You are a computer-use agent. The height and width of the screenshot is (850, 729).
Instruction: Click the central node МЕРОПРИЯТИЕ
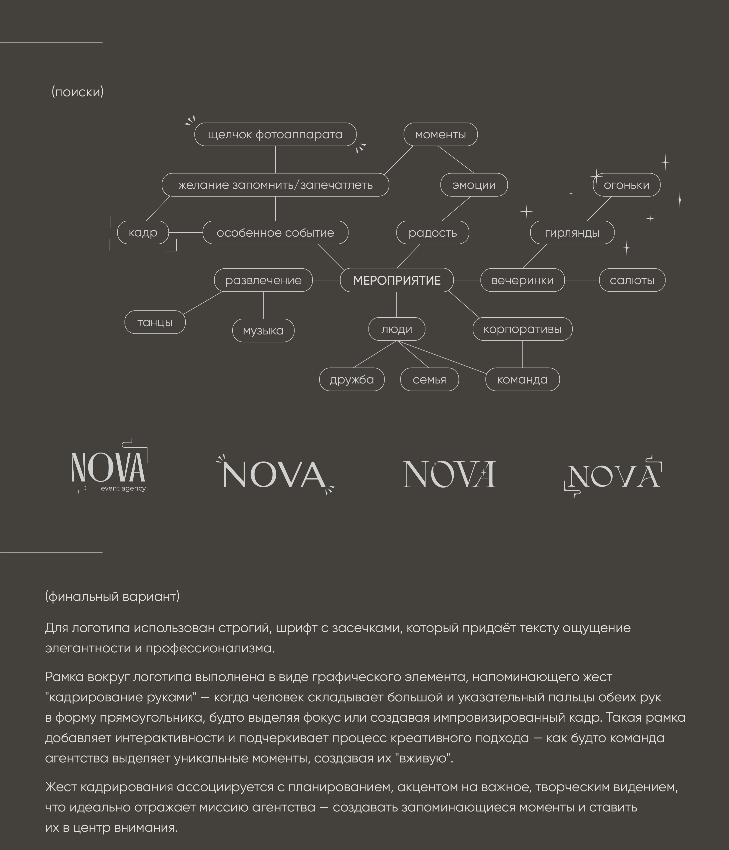(397, 280)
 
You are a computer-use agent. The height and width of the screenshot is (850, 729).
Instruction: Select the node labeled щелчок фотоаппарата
(275, 135)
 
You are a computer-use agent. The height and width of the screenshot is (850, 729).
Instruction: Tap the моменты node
(440, 135)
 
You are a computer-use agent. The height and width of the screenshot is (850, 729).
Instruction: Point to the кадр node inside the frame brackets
(143, 233)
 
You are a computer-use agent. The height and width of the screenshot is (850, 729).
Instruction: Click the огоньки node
(627, 185)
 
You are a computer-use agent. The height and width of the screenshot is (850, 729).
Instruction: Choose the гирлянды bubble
(572, 233)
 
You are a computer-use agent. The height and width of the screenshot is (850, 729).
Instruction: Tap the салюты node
(632, 280)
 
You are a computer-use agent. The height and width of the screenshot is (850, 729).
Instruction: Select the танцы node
(155, 322)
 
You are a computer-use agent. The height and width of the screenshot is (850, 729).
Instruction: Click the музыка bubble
(263, 331)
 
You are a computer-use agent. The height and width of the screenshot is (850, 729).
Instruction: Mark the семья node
(429, 379)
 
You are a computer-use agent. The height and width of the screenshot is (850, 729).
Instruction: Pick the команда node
(522, 379)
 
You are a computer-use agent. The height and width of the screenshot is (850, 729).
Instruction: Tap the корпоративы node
(522, 329)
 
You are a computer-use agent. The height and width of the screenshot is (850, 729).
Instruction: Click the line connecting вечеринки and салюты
(582, 280)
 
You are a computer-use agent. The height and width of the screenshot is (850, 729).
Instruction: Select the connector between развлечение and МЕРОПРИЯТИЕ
(326, 280)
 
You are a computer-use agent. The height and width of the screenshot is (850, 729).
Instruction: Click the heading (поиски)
(77, 92)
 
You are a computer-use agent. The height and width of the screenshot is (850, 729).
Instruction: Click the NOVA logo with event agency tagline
(107, 468)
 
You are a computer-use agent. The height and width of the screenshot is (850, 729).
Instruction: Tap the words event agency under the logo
(123, 488)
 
